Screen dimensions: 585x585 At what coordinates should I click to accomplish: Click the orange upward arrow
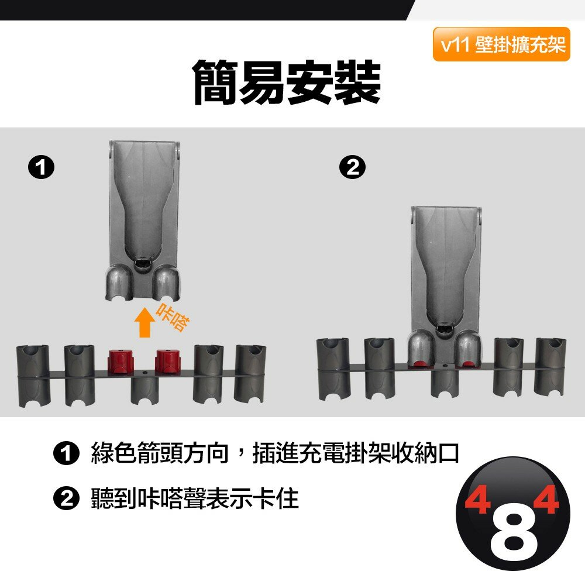coord(144,322)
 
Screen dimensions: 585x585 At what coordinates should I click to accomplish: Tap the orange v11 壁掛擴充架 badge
coord(501,44)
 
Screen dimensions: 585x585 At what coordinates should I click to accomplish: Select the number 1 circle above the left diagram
coord(42,168)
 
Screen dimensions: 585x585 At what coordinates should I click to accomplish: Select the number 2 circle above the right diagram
coord(352,167)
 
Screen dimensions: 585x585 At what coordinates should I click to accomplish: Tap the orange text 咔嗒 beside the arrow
coord(173,318)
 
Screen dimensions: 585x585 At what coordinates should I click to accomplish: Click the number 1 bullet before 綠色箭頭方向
coord(67,454)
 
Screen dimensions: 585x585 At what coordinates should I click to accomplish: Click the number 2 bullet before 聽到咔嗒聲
coord(67,498)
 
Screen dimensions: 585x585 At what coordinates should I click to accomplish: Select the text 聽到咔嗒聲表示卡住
coord(195,498)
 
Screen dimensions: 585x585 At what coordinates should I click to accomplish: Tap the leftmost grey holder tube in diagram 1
coord(33,376)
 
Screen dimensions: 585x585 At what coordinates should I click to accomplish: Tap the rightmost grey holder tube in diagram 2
coord(550,366)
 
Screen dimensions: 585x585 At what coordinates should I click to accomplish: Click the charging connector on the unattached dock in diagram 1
coord(142,264)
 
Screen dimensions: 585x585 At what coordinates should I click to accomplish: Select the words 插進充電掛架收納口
coord(356,454)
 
